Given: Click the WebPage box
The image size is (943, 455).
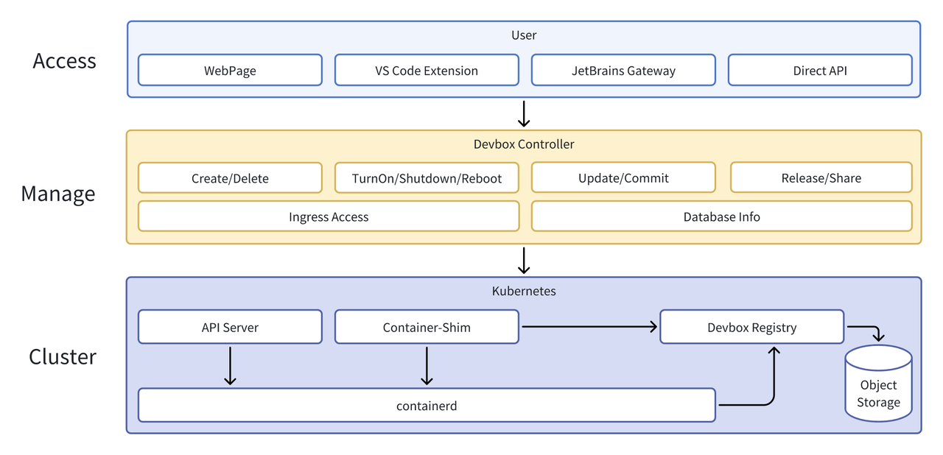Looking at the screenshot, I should coord(230,71).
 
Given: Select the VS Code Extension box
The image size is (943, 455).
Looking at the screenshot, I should coord(427,71).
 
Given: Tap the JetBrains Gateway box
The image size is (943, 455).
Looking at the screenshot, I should coord(623,71).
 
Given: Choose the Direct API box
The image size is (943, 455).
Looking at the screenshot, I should coord(820,71).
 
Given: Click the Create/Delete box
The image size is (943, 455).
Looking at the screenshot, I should coord(230,178).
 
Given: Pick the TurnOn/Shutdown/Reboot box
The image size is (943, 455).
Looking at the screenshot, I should coord(427,178).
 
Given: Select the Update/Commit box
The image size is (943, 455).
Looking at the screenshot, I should coord(623,178).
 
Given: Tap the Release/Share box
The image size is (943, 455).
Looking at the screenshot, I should coord(821,178).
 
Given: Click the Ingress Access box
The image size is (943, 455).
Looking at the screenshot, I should coord(329,216).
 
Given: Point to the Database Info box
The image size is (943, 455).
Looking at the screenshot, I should coord(721,216).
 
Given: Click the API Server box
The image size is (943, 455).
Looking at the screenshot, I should coord(230,327).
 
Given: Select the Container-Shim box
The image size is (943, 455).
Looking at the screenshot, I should coord(427,327).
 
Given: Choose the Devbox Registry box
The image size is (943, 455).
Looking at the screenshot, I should coord(751,327).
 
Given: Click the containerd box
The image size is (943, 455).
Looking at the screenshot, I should coord(427,406).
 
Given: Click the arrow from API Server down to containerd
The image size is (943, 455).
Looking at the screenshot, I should coord(230,365).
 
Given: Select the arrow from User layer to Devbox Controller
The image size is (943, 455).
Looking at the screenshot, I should coord(524,114).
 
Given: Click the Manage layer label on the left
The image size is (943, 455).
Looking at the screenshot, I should coord(58,194).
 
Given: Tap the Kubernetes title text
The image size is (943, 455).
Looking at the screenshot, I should coord(524,291).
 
